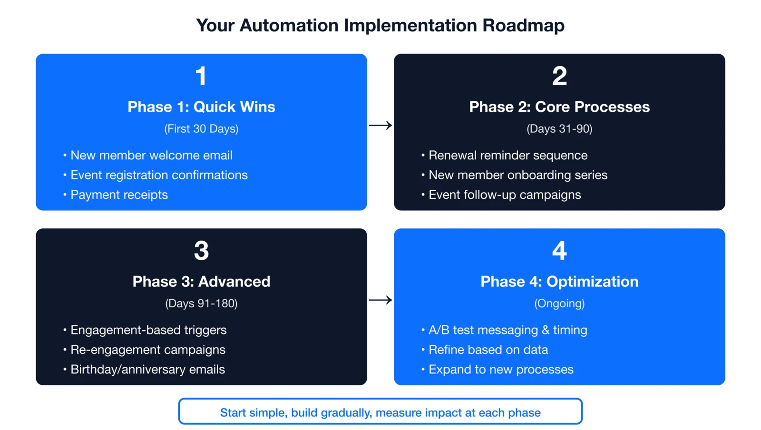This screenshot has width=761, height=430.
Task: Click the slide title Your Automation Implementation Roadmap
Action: tap(380, 25)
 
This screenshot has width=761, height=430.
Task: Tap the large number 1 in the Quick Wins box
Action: tap(201, 76)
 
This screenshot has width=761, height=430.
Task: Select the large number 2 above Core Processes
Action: tap(559, 76)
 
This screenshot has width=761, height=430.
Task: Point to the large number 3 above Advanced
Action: tap(201, 251)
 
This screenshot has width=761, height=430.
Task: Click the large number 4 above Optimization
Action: tap(559, 251)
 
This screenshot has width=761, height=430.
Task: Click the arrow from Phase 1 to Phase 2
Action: tap(380, 126)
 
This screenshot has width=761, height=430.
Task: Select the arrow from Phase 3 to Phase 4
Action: tap(380, 300)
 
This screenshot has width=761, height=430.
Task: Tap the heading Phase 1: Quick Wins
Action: tap(201, 107)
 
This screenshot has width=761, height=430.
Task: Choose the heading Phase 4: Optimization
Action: tap(559, 281)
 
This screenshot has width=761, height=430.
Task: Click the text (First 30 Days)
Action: tap(201, 128)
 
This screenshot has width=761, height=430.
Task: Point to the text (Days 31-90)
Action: tap(559, 128)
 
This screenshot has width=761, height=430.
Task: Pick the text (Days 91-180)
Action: tap(201, 303)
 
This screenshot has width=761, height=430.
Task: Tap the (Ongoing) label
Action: tap(559, 303)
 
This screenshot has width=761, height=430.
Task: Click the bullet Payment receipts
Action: tap(119, 195)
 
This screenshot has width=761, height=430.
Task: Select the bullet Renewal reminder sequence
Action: tap(507, 155)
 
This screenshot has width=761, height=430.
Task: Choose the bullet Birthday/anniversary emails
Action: tap(147, 369)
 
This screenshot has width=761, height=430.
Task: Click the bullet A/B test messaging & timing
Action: tap(507, 330)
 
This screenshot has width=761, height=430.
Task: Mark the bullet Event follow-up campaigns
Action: tap(505, 195)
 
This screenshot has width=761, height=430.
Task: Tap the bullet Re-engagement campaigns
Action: tap(147, 350)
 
